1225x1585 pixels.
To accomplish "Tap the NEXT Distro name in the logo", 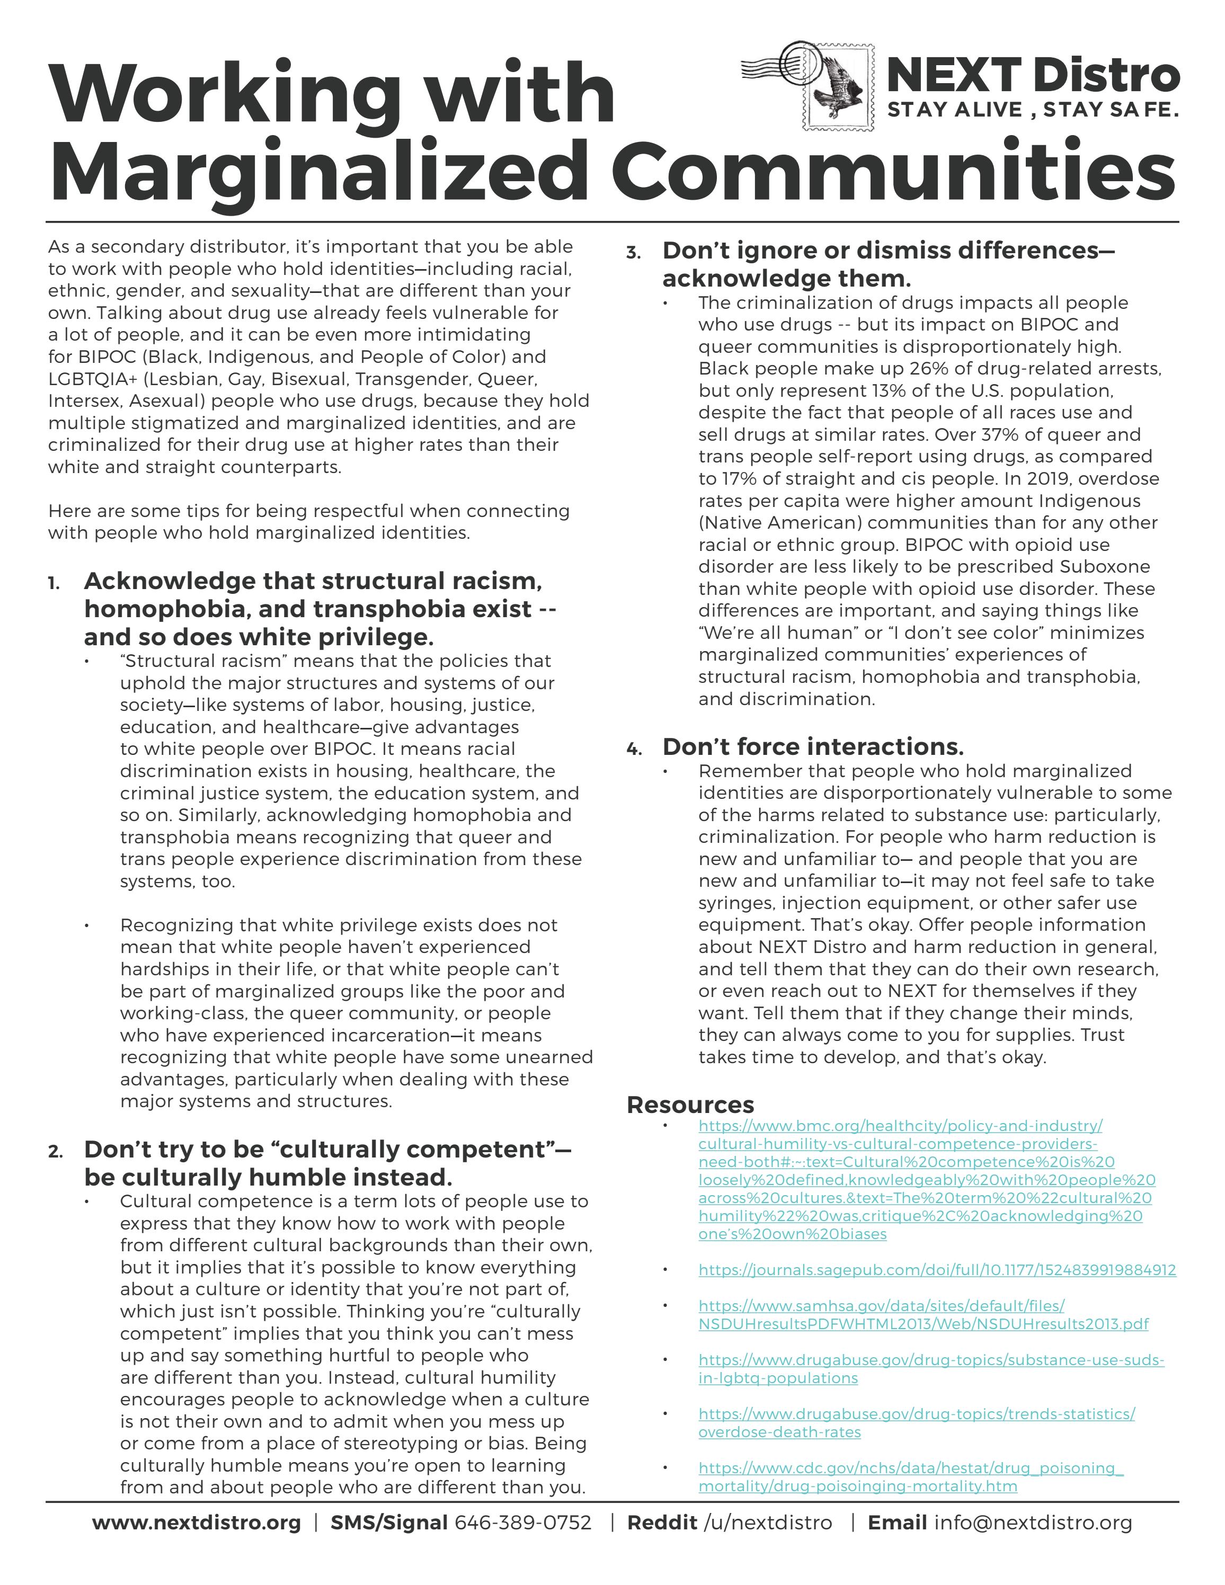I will click(1032, 75).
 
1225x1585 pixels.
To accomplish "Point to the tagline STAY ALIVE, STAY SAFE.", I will click(1032, 110).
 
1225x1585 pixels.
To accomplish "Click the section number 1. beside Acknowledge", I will click(55, 583).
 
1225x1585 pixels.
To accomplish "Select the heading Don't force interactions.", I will click(813, 747).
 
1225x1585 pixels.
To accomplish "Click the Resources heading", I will click(690, 1105).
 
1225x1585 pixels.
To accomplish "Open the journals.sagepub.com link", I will click(937, 1270).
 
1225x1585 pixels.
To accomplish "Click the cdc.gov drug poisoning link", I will click(911, 1477).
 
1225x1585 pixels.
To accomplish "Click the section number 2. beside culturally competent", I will click(55, 1152).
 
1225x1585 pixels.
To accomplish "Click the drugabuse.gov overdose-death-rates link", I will click(917, 1422).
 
